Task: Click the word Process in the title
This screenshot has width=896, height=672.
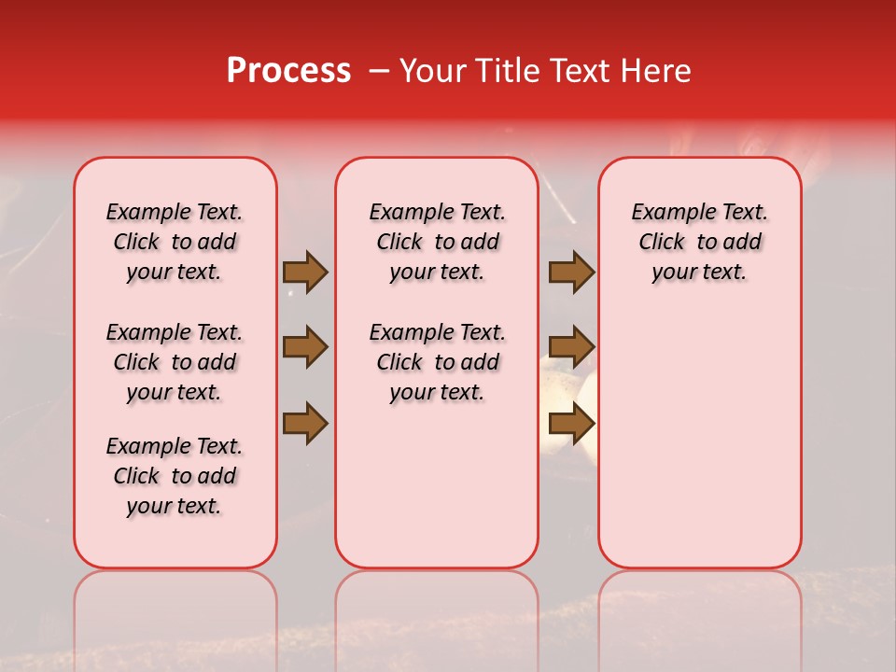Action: pos(288,71)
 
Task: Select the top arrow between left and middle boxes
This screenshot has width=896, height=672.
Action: pos(305,273)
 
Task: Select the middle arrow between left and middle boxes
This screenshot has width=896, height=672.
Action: pos(305,347)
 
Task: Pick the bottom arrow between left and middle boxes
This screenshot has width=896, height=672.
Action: pos(305,423)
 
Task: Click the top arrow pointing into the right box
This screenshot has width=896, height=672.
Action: pos(571,273)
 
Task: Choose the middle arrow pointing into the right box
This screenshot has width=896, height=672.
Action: pos(571,347)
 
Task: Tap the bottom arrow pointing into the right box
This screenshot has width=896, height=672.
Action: pos(571,423)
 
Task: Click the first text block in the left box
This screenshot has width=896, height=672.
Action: pos(175,242)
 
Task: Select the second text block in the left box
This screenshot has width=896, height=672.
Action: pos(175,362)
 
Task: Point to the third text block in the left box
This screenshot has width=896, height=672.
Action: pos(175,476)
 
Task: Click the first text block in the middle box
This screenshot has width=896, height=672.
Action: pos(438,242)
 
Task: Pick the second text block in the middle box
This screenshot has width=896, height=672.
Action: pos(438,362)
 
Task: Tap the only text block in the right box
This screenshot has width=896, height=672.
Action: pos(700,242)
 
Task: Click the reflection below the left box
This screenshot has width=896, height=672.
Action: pos(175,616)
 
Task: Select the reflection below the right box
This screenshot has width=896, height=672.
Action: pos(700,616)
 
